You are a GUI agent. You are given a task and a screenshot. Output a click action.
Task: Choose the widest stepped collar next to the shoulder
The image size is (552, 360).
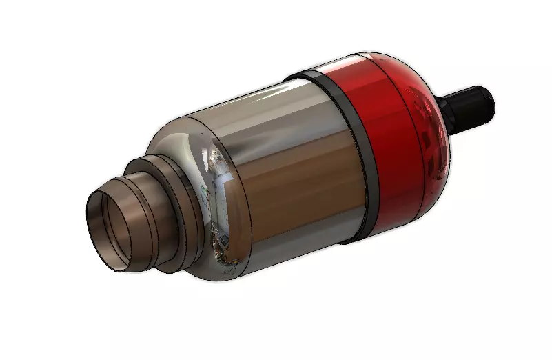pyautogui.click(x=165, y=200)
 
